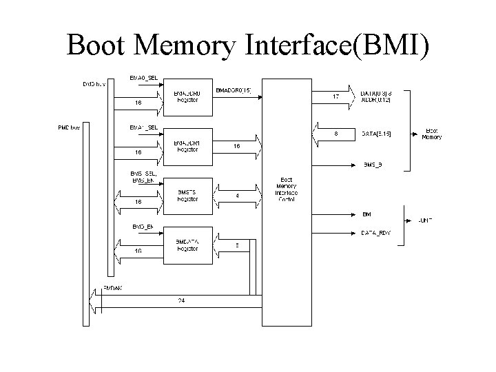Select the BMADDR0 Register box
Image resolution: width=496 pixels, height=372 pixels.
pyautogui.click(x=187, y=96)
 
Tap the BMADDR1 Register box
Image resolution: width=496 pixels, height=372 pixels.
pyautogui.click(x=187, y=145)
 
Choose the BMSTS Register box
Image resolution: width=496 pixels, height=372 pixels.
pyautogui.click(x=187, y=195)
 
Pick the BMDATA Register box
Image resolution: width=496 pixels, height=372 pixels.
pyautogui.click(x=187, y=245)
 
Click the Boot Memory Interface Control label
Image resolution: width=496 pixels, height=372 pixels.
pyautogui.click(x=287, y=187)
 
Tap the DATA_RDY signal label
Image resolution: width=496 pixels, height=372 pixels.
pyautogui.click(x=376, y=233)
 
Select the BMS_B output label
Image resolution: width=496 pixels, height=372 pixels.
pyautogui.click(x=373, y=165)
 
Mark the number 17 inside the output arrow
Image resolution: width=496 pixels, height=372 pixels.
pyautogui.click(x=336, y=96)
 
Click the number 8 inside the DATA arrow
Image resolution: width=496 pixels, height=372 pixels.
pyautogui.click(x=335, y=134)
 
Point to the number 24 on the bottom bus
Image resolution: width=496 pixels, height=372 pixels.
pyautogui.click(x=180, y=300)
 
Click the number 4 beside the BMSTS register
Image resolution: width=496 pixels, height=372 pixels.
pyautogui.click(x=238, y=196)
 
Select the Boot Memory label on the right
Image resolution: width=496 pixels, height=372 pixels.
pyautogui.click(x=432, y=134)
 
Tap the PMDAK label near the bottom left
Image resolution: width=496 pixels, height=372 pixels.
pyautogui.click(x=112, y=287)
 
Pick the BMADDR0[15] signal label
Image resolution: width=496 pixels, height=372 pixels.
pyautogui.click(x=234, y=90)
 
